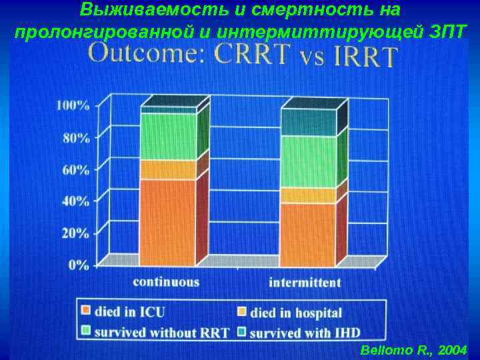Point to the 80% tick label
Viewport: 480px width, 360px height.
(x=75, y=138)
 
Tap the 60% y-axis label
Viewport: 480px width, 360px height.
(x=75, y=169)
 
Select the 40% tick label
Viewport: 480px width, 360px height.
(x=75, y=200)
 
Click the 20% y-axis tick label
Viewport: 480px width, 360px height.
(x=75, y=233)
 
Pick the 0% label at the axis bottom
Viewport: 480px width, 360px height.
(x=78, y=265)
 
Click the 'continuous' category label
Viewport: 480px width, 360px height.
(x=166, y=282)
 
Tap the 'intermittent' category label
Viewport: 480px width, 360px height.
(x=305, y=282)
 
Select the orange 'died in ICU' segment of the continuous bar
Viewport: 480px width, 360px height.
(x=168, y=221)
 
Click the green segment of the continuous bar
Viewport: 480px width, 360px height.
(x=168, y=137)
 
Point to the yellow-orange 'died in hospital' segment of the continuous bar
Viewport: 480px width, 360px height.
(x=168, y=169)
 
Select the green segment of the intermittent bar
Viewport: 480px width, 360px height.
(x=307, y=161)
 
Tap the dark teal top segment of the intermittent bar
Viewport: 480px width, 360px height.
(x=307, y=123)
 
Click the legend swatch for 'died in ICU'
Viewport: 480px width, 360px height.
(x=85, y=311)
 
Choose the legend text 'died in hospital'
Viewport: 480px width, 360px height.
(x=296, y=312)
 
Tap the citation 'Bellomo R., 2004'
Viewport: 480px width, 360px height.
(x=414, y=350)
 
